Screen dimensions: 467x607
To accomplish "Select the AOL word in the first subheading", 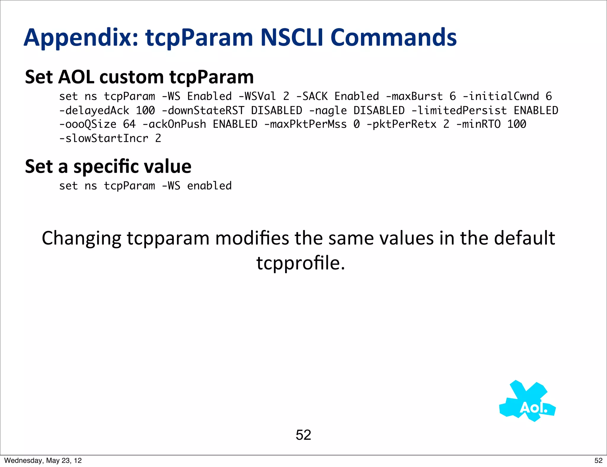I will (x=76, y=77).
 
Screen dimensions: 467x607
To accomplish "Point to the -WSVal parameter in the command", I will (x=257, y=96).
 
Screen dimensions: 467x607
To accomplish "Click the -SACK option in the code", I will (x=312, y=96).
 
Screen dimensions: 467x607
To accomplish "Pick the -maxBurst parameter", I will (x=414, y=96).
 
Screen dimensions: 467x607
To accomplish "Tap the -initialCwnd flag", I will (x=501, y=96).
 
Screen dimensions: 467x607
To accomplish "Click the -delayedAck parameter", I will (x=94, y=111).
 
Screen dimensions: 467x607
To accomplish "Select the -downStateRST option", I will (x=203, y=111).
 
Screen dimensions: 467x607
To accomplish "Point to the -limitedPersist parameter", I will (x=459, y=111).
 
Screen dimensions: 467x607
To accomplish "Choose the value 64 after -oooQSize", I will (x=129, y=124).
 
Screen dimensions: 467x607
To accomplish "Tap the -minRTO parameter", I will (x=478, y=124).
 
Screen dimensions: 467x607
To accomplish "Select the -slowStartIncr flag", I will (x=103, y=138).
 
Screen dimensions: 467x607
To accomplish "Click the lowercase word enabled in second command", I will (x=209, y=186).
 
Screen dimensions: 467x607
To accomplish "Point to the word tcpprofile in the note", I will (x=300, y=263).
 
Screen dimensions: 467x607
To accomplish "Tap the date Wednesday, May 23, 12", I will (x=43, y=460).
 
